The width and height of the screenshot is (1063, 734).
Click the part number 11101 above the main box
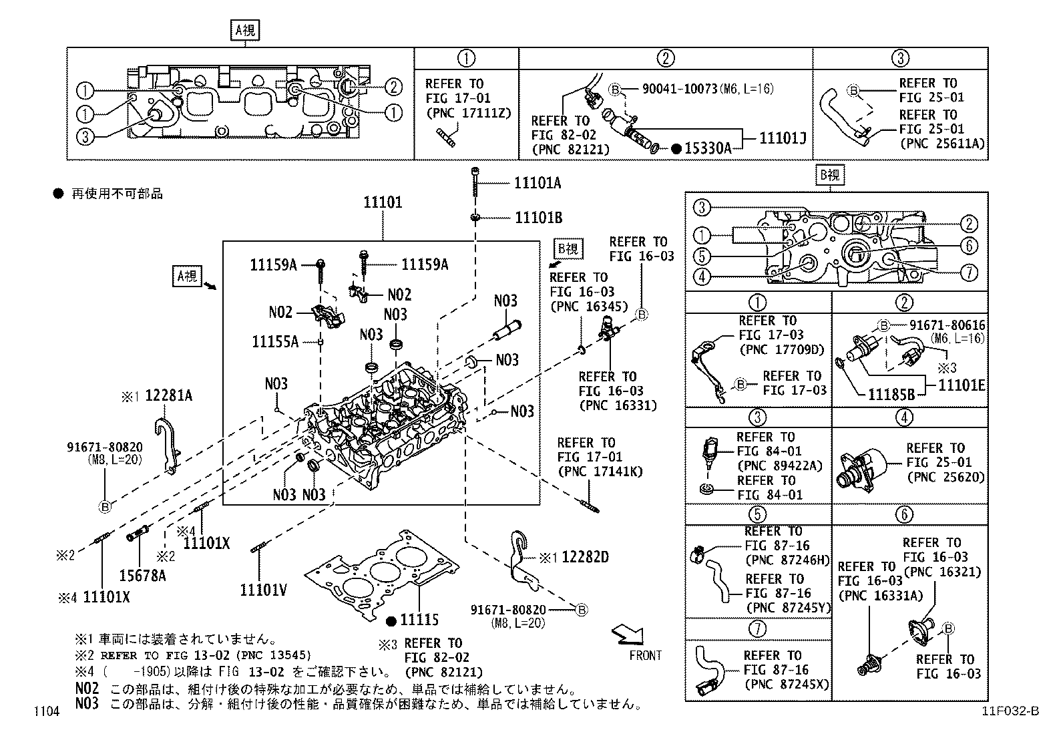pos(383,202)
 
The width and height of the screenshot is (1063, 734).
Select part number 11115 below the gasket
pos(419,620)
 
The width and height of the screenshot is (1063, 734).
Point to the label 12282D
pos(585,557)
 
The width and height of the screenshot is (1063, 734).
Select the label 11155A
pos(274,342)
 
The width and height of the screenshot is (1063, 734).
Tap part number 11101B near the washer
pos(538,218)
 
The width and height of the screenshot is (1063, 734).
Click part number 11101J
pos(783,138)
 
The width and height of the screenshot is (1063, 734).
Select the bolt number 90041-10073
pos(680,89)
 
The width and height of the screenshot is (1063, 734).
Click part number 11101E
pos(962,385)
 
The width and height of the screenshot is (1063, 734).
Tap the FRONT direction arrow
pos(628,632)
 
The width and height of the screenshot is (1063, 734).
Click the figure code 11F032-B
pos(1010,711)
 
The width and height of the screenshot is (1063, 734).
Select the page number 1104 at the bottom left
pos(47,712)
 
